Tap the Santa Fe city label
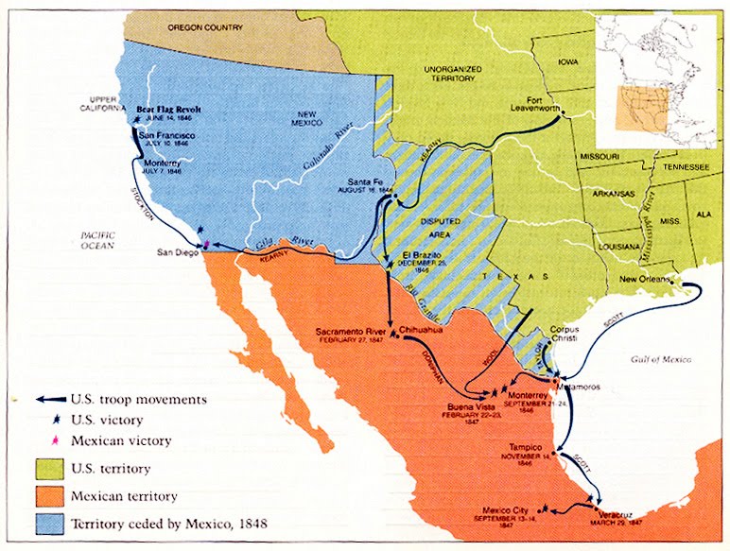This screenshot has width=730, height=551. [365, 181]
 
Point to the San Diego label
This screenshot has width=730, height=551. [177, 253]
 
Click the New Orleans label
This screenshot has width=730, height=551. [646, 280]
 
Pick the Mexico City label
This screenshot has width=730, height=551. [510, 508]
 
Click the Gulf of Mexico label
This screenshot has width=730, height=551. [660, 360]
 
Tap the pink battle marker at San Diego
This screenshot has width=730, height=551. [205, 245]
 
